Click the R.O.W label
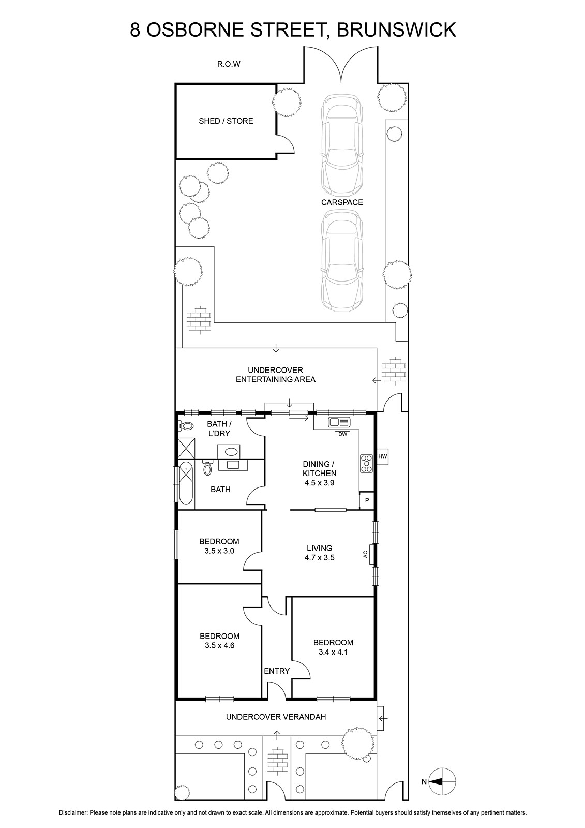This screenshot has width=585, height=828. (x=229, y=64)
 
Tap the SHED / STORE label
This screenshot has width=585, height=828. (x=226, y=121)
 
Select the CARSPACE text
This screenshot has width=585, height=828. (x=342, y=202)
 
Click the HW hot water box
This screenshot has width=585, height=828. (x=382, y=456)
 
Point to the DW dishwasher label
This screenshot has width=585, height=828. (x=342, y=434)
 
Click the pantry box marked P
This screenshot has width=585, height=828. (x=367, y=500)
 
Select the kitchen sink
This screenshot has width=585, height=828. (x=338, y=422)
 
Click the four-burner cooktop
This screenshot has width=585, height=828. (x=367, y=464)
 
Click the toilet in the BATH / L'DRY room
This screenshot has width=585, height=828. (x=186, y=426)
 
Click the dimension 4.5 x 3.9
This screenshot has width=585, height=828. (x=319, y=483)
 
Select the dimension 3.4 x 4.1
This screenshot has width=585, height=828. (x=333, y=652)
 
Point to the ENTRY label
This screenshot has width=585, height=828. (x=276, y=671)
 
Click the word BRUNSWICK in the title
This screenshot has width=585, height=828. (x=396, y=30)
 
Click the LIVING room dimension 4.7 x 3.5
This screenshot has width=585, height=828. (x=319, y=557)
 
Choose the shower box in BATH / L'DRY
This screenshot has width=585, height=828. (x=186, y=448)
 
